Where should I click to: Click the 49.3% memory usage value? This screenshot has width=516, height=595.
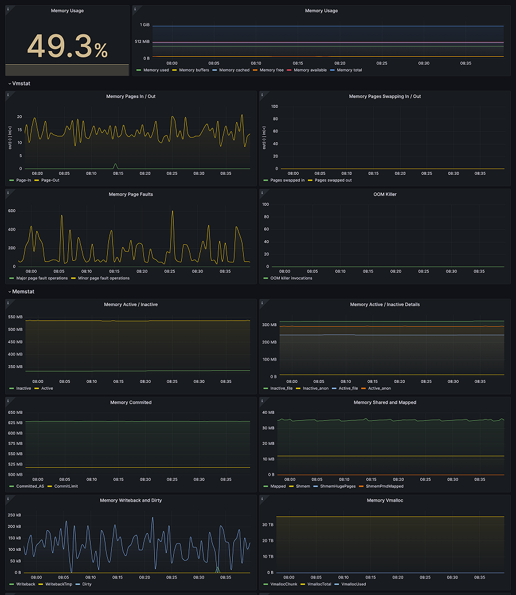pyautogui.click(x=67, y=46)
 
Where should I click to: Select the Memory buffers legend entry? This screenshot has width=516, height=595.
pyautogui.click(x=194, y=70)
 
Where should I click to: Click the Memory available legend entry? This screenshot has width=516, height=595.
pyautogui.click(x=310, y=70)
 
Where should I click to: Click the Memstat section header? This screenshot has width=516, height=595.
pyautogui.click(x=23, y=292)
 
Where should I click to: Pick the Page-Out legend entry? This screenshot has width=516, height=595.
pyautogui.click(x=50, y=180)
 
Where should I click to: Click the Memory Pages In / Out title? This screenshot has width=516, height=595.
pyautogui.click(x=131, y=96)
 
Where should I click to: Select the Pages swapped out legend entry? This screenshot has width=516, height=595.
pyautogui.click(x=333, y=180)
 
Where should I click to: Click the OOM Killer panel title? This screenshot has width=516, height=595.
pyautogui.click(x=385, y=194)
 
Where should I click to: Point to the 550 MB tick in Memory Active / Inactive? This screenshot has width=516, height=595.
pyautogui.click(x=15, y=317)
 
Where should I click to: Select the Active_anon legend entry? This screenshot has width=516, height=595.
pyautogui.click(x=378, y=388)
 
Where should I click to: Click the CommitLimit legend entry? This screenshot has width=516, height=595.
pyautogui.click(x=66, y=486)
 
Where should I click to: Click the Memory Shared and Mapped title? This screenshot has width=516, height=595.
pyautogui.click(x=385, y=402)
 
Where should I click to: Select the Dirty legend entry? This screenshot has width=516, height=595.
pyautogui.click(x=87, y=584)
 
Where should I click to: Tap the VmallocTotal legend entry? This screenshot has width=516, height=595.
pyautogui.click(x=319, y=584)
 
